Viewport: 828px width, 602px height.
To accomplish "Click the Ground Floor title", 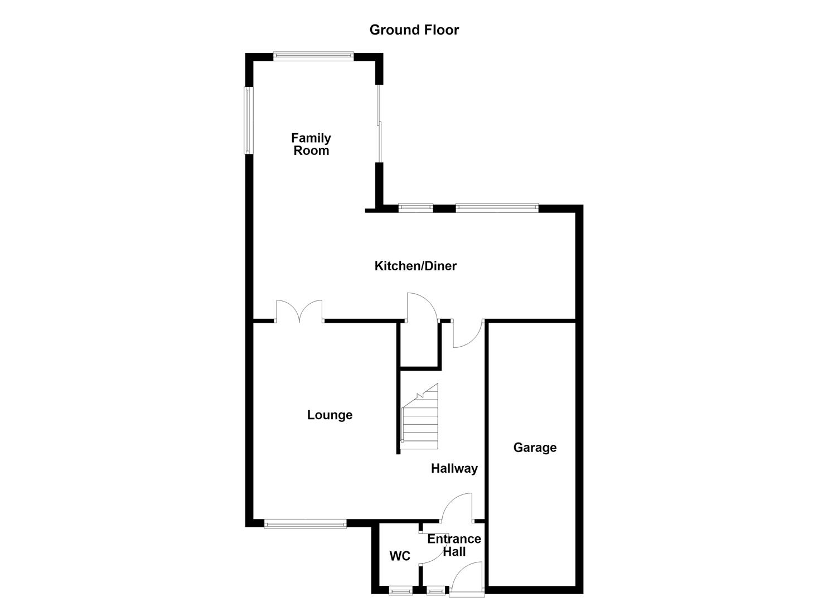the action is click(414, 30).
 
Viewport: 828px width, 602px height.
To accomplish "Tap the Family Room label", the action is click(311, 144).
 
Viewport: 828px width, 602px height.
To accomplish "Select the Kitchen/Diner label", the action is click(415, 266).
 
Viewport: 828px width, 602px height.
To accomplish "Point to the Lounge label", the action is click(330, 415).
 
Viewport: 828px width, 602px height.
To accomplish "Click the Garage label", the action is click(535, 448).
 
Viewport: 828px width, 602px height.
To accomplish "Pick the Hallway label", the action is click(454, 469).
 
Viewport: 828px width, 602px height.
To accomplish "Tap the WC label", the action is click(400, 556).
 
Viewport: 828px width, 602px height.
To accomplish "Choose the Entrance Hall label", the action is click(454, 546).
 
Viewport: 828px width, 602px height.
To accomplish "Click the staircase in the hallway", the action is click(420, 416).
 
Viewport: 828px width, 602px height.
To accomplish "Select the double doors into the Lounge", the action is click(299, 311).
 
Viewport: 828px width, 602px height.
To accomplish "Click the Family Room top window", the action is click(313, 56).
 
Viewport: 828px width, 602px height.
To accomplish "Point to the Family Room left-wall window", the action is click(249, 120).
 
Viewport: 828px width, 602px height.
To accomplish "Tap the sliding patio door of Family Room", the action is click(379, 124).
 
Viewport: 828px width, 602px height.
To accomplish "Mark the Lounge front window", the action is click(306, 523).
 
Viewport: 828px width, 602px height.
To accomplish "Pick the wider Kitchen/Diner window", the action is click(497, 208).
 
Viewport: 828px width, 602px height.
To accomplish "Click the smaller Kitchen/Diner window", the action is click(416, 208).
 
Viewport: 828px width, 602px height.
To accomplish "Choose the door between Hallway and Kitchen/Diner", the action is click(467, 334).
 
